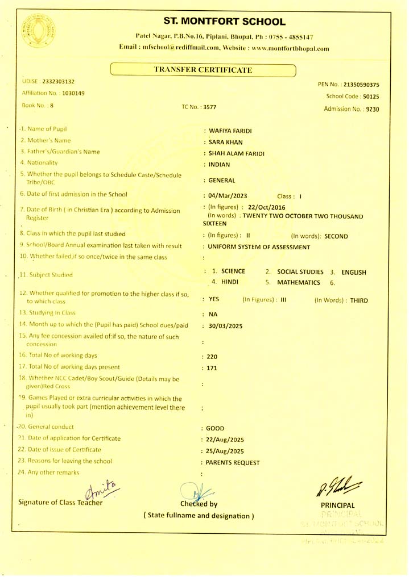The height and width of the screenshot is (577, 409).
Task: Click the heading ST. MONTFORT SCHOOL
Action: [x=224, y=22]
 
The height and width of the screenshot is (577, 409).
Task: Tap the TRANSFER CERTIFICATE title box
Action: [x=203, y=70]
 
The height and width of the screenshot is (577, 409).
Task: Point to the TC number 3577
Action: [x=208, y=106]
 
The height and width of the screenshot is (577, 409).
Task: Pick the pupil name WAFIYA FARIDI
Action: [x=230, y=131]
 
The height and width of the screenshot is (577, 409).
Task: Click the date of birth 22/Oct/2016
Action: [x=267, y=206]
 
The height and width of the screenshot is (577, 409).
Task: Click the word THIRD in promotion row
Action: [x=360, y=299]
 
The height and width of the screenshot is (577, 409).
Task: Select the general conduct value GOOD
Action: [x=217, y=428]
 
